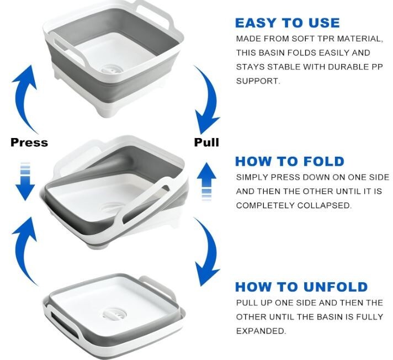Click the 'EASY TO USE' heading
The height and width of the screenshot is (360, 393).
[288, 23]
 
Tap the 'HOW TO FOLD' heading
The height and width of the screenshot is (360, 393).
[290, 161]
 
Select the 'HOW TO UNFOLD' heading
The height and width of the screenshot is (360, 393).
[301, 287]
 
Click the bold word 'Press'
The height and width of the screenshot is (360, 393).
[29, 142]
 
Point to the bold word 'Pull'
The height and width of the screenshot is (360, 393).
[206, 142]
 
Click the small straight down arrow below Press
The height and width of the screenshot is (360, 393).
[25, 182]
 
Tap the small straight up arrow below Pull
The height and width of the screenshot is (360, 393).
[206, 182]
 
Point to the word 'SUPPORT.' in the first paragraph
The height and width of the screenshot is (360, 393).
[258, 81]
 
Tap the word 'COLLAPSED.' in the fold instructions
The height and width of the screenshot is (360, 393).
[325, 205]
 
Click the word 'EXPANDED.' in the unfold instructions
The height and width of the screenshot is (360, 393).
[261, 331]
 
